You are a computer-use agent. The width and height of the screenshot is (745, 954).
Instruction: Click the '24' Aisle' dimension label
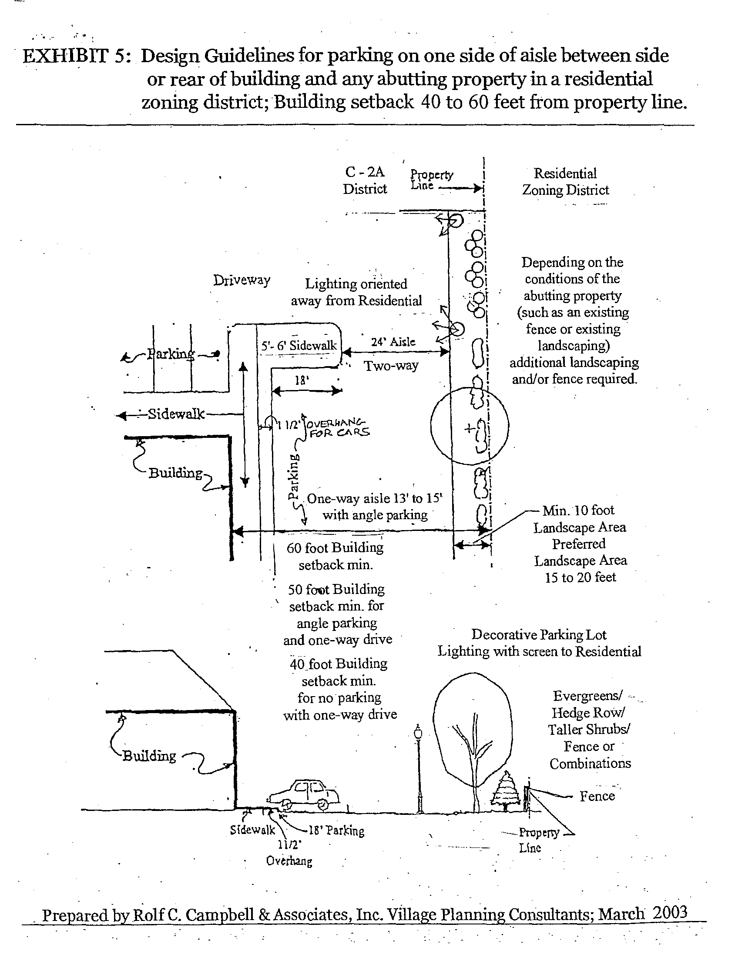click(393, 342)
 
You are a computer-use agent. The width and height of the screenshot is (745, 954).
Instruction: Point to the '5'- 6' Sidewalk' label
click(299, 346)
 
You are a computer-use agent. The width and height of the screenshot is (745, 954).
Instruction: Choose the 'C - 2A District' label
click(365, 180)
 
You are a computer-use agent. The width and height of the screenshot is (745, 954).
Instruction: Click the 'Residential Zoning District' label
click(565, 181)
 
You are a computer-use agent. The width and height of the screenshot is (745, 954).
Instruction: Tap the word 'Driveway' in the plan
click(242, 280)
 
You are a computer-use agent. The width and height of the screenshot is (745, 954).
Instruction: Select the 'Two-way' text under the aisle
click(391, 365)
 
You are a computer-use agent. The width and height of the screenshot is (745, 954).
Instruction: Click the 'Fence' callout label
click(597, 796)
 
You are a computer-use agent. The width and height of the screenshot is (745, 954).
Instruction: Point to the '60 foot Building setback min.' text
click(336, 556)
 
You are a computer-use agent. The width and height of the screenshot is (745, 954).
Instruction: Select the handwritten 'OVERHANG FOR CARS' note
click(338, 427)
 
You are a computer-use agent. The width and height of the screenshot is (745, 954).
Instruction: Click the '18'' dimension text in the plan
click(302, 380)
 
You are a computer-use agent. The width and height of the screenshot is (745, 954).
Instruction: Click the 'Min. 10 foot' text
click(578, 510)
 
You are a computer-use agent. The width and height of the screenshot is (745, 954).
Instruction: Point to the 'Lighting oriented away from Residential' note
click(356, 292)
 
